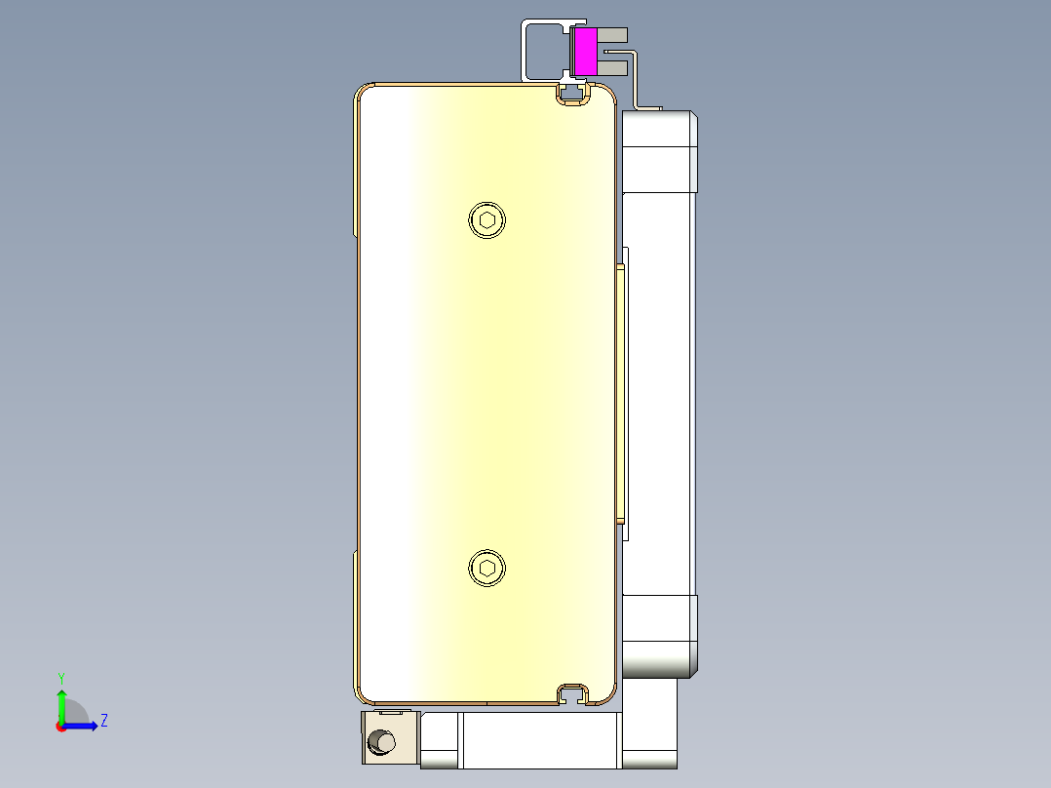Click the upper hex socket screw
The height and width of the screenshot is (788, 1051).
coord(487,219)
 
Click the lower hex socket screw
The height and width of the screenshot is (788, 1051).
coord(487,569)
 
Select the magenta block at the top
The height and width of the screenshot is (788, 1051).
coord(585,52)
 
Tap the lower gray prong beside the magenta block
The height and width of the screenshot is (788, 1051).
coord(611,67)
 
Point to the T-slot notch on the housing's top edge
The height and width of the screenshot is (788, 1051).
coord(574,94)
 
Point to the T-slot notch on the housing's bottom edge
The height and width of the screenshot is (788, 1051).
coord(574,694)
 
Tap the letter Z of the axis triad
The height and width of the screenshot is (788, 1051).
coord(103,721)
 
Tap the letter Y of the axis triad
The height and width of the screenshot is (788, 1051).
coord(60,677)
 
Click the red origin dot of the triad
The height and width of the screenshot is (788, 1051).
coord(60,727)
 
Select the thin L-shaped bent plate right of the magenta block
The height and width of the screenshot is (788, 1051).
coord(638,78)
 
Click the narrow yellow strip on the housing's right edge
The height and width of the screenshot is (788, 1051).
coord(620,390)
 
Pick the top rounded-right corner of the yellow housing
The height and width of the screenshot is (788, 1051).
coord(606,95)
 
